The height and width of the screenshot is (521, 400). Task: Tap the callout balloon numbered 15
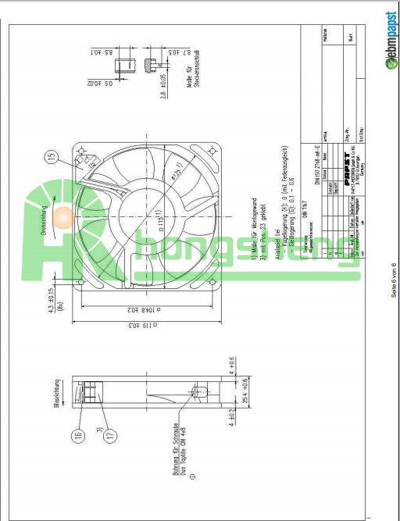[52, 159]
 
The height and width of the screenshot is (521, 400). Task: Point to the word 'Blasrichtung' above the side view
[57, 390]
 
